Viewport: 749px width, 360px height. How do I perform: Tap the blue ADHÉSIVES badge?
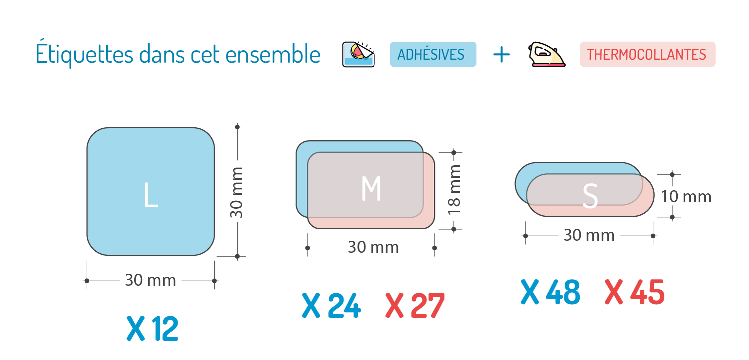click(x=433, y=54)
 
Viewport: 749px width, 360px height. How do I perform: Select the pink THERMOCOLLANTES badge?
click(x=647, y=54)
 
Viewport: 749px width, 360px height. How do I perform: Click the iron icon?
click(x=547, y=54)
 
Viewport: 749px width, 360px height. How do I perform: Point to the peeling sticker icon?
click(x=358, y=54)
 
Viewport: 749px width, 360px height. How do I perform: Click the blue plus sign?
click(x=501, y=54)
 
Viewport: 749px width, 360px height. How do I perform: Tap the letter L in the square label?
click(x=150, y=195)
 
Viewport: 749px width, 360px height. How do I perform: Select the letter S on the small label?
click(x=590, y=197)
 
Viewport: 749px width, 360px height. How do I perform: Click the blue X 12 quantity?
click(x=152, y=329)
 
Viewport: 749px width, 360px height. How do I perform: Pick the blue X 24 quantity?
click(x=331, y=306)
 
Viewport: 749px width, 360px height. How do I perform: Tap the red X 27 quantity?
click(x=414, y=306)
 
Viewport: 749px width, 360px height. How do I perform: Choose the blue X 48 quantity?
click(x=550, y=292)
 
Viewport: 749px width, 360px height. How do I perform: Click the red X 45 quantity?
click(x=634, y=292)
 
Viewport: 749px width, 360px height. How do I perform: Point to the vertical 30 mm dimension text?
click(x=237, y=192)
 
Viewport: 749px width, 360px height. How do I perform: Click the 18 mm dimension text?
click(x=454, y=190)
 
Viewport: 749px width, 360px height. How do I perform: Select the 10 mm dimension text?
click(x=686, y=197)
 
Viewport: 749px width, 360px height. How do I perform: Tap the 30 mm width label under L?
click(x=150, y=281)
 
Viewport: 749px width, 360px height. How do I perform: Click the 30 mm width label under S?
click(x=589, y=235)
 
